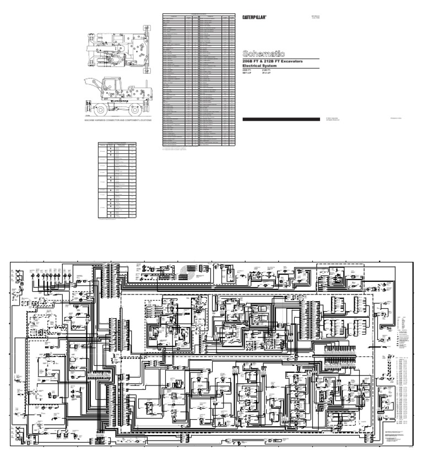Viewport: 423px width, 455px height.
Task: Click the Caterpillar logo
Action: click(x=255, y=18)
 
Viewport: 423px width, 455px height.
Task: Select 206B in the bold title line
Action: click(x=249, y=61)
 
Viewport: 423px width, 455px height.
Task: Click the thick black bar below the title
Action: click(x=281, y=119)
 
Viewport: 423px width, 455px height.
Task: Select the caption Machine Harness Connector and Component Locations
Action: click(x=118, y=119)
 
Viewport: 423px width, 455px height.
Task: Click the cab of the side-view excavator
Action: click(x=113, y=86)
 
